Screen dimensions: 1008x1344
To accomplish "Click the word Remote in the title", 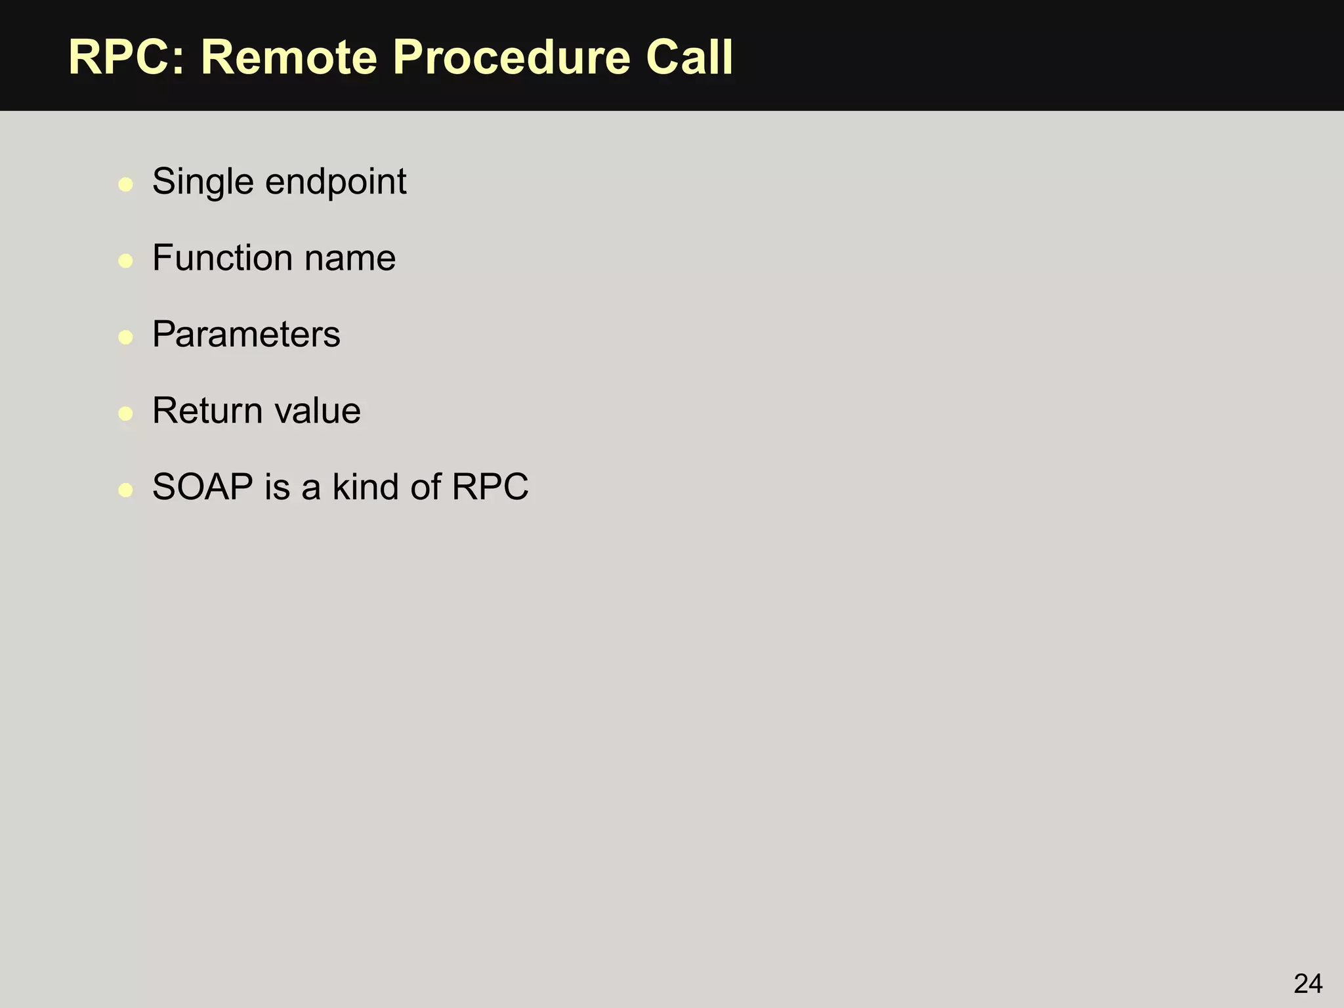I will point(288,58).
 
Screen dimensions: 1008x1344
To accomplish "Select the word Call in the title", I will point(689,58).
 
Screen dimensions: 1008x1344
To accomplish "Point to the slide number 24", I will point(1307,984).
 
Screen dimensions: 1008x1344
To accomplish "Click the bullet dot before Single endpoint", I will point(125,184).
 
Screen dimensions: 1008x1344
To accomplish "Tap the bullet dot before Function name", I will point(125,261).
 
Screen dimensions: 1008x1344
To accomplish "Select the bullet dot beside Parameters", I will point(125,337).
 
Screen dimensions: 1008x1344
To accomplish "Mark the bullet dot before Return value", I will point(125,413).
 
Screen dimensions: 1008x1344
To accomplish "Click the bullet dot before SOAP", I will point(125,490).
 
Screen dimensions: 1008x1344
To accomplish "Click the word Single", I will point(203,182).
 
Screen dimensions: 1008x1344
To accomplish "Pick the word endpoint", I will point(335,182).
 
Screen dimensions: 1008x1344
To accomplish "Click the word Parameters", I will point(246,335).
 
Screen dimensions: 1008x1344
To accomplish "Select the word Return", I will point(207,411).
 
